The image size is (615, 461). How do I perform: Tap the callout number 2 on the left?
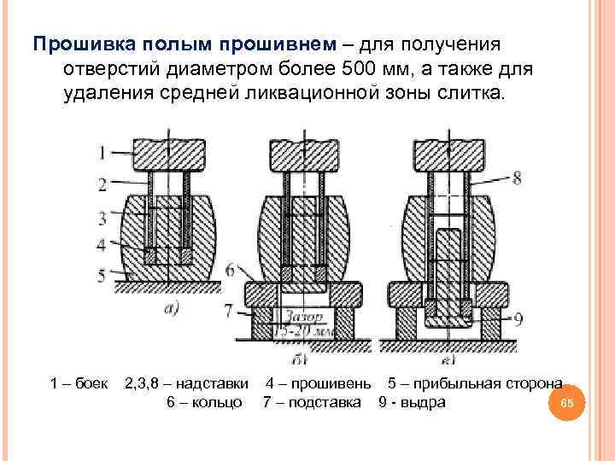(x=102, y=183)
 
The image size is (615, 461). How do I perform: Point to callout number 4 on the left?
(x=102, y=244)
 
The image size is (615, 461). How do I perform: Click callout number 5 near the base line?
(x=102, y=275)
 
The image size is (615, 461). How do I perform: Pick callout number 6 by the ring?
(x=231, y=270)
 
